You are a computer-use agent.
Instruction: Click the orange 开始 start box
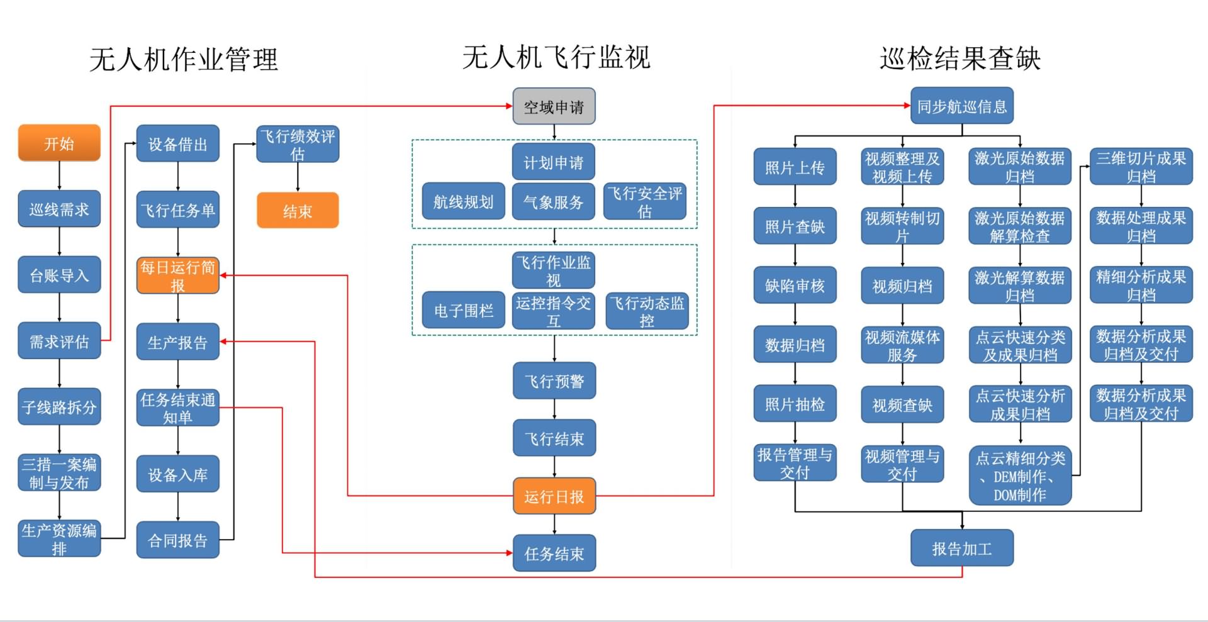[x=59, y=143]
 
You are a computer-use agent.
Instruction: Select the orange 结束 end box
[x=298, y=211]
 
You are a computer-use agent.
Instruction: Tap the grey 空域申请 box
[x=554, y=107]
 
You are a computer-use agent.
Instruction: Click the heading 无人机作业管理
[x=183, y=60]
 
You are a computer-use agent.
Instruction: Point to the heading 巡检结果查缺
[x=960, y=58]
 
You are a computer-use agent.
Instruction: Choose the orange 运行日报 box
[x=554, y=497]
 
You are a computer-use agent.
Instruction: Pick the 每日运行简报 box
[x=178, y=276]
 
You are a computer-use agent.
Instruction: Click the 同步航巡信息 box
[x=961, y=106]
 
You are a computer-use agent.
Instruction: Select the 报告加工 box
[x=961, y=548]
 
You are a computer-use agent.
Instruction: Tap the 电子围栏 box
[x=463, y=310]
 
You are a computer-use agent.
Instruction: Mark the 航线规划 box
[x=463, y=201]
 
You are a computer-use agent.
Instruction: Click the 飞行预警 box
[x=554, y=381]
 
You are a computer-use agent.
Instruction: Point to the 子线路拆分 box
[x=59, y=407]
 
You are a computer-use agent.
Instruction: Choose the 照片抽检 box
[x=795, y=404]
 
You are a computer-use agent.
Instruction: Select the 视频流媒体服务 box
[x=902, y=345]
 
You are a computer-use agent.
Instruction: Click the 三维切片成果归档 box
[x=1141, y=167]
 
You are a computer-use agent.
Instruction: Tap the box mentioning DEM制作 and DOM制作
[x=1020, y=476]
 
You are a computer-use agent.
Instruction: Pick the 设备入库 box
[x=178, y=474]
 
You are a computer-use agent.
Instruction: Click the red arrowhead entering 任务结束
[x=509, y=553]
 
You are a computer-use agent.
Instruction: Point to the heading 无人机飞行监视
[x=556, y=57]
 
